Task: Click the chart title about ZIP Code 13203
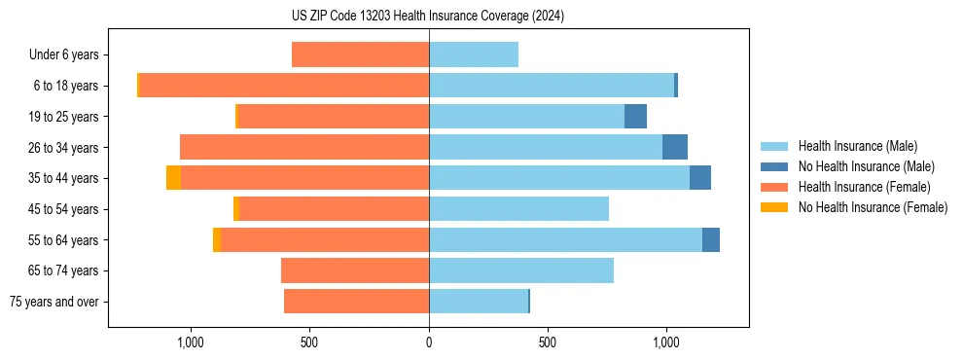(428, 16)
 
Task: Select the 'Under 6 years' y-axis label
(70, 54)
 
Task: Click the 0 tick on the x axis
(429, 342)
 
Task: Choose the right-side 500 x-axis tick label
(548, 342)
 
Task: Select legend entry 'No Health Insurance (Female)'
(873, 207)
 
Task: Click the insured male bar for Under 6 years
(474, 54)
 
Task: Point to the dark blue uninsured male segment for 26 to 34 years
(675, 147)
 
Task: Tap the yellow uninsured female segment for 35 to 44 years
(173, 178)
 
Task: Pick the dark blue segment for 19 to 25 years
(635, 116)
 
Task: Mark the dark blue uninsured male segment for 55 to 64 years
(711, 239)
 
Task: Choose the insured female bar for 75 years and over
(356, 302)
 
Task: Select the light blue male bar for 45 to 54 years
(518, 208)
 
